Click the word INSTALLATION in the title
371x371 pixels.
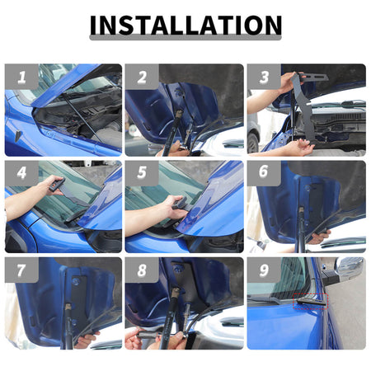185,25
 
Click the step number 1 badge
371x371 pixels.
21,77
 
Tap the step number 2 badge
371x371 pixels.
142,77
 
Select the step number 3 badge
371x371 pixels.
264,77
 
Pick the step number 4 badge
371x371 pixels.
21,173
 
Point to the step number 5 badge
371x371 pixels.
142,173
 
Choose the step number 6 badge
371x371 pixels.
264,173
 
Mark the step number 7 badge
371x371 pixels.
21,270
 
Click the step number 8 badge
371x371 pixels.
142,270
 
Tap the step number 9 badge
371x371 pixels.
264,270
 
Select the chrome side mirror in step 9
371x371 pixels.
350,266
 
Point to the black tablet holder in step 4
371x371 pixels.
57,184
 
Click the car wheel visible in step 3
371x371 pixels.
252,143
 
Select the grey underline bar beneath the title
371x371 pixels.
185,38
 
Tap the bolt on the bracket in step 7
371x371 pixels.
76,280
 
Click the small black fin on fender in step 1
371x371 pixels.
18,135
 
